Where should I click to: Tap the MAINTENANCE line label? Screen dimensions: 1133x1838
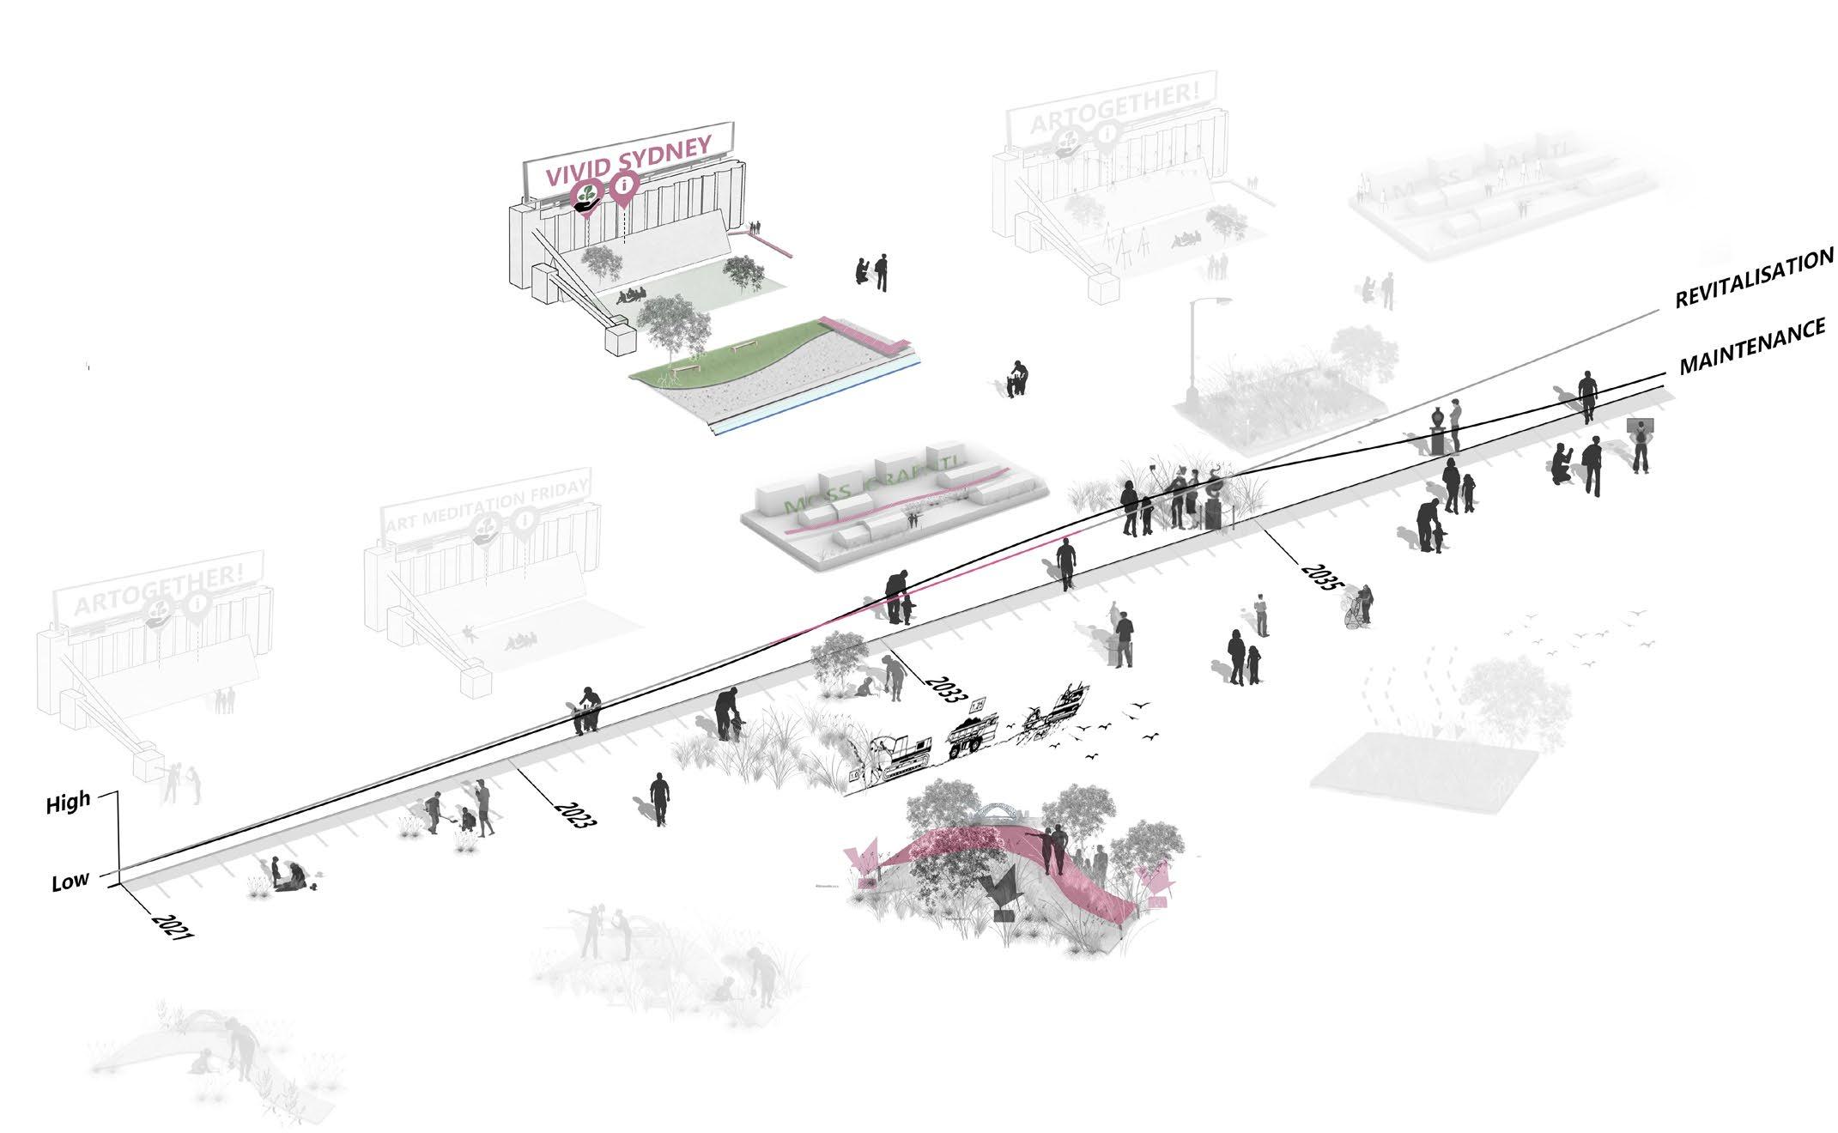pos(1751,346)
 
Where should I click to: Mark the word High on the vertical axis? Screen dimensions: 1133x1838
pos(68,804)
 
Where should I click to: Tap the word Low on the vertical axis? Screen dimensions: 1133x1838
pos(70,882)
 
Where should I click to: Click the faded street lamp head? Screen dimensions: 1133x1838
pos(1220,302)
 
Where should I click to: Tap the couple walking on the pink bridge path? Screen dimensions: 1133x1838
pos(1057,850)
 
